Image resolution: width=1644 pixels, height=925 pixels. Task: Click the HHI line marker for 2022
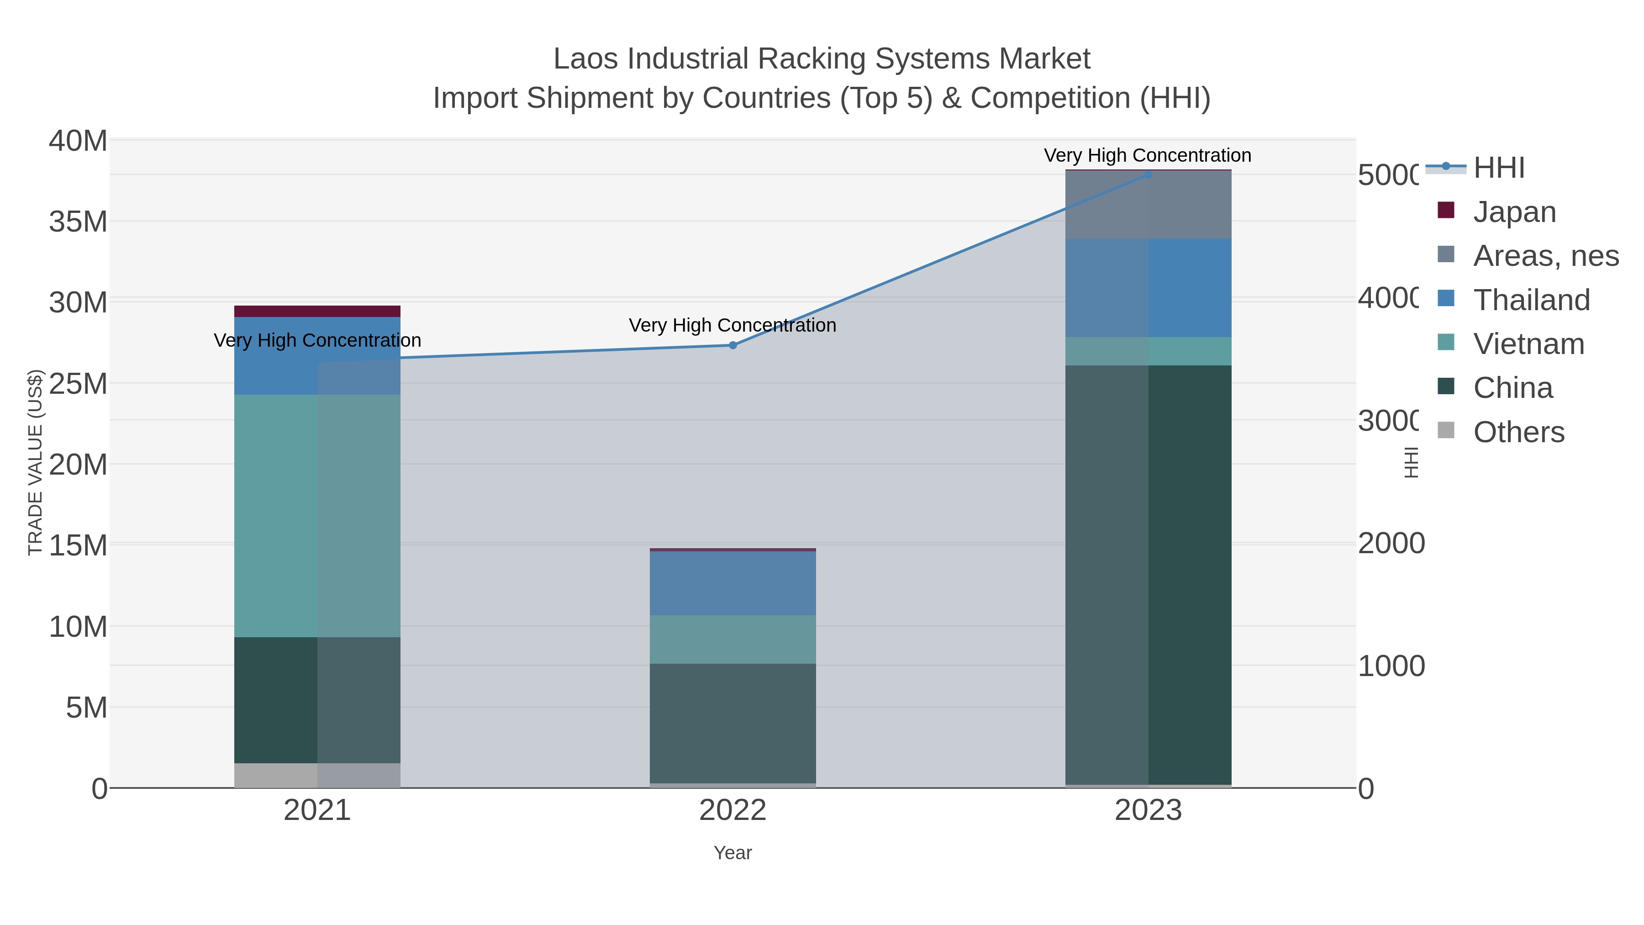click(x=732, y=345)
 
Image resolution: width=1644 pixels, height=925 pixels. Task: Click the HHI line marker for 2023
click(x=1148, y=175)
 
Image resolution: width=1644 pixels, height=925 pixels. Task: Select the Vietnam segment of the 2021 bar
click(x=317, y=516)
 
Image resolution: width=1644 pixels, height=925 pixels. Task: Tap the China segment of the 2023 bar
click(x=1148, y=575)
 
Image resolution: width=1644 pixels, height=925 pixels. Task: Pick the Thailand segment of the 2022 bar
click(x=732, y=583)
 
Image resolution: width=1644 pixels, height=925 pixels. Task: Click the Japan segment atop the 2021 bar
click(x=317, y=312)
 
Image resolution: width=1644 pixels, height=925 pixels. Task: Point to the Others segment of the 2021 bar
click(x=317, y=775)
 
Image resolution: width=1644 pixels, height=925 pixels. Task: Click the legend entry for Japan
click(x=1514, y=212)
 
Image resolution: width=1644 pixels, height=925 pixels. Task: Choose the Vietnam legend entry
click(x=1528, y=344)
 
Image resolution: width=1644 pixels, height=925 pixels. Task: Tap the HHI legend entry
click(x=1498, y=168)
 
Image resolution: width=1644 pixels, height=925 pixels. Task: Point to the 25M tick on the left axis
click(x=78, y=384)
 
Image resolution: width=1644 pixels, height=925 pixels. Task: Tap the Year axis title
click(x=732, y=853)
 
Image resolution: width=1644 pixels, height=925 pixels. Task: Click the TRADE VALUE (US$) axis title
click(x=35, y=462)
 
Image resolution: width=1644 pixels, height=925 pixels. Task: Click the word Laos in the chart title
click(x=585, y=59)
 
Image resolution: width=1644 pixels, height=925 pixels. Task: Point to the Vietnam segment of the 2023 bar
click(x=1148, y=351)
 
